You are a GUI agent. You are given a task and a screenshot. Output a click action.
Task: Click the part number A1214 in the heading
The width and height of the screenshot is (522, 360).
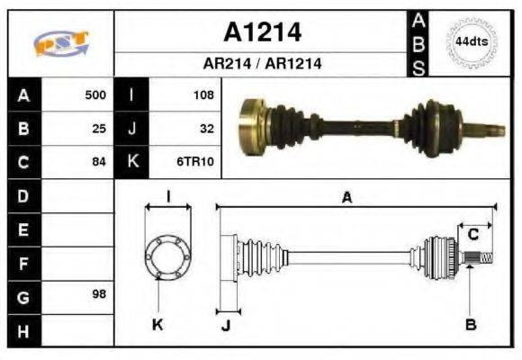[x=262, y=32]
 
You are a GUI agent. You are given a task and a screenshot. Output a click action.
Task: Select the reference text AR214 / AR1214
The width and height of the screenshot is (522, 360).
[x=262, y=65]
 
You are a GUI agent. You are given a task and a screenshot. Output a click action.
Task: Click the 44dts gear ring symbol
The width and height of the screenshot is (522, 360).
[x=472, y=41]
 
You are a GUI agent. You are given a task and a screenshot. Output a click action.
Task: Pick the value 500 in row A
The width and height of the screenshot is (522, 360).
[x=95, y=94]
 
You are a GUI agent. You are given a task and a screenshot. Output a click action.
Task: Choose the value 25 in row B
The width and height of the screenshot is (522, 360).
[x=99, y=128]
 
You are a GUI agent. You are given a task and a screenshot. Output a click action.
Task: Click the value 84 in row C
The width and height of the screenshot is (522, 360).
[x=99, y=162]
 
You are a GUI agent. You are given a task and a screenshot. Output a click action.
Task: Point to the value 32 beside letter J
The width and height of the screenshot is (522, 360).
[x=206, y=128]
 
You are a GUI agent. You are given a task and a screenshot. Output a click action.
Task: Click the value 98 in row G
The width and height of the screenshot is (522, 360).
[x=99, y=295]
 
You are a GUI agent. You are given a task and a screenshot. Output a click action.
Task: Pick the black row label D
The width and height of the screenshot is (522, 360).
[x=22, y=195]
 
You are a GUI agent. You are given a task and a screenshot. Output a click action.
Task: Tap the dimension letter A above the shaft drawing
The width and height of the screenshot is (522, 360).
[x=346, y=198]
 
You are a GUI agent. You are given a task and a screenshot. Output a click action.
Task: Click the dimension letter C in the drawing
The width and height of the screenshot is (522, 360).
[x=472, y=235]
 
